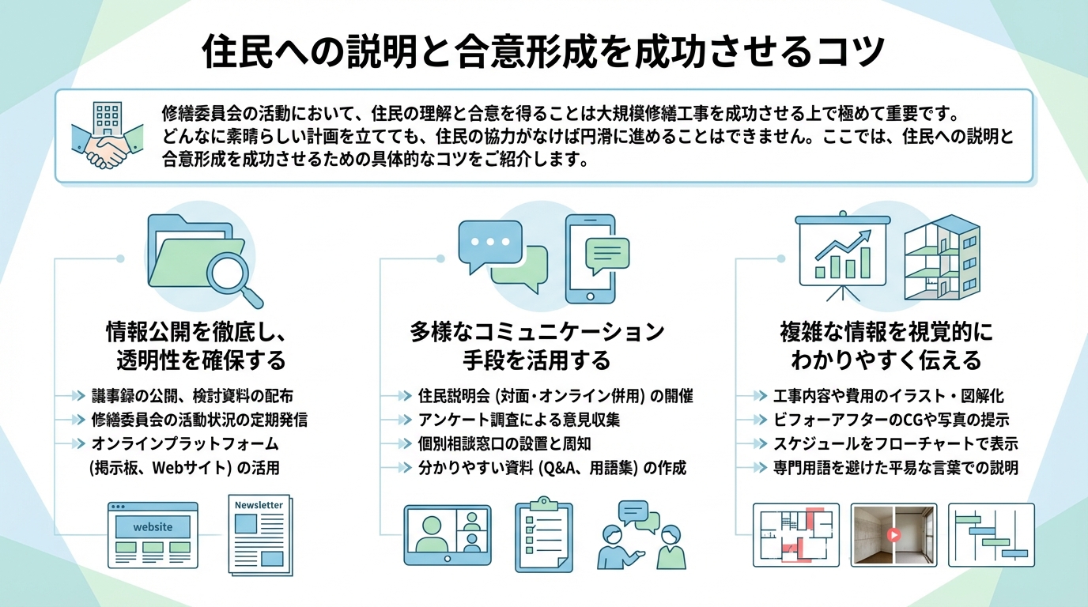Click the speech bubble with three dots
click(490, 243)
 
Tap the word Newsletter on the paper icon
click(259, 504)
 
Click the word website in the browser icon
click(153, 526)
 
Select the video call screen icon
click(447, 534)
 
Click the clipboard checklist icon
click(544, 535)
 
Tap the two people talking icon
click(641, 534)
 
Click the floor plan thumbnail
click(795, 534)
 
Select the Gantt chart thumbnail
click(991, 534)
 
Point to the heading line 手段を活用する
click(537, 360)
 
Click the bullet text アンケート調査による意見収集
click(519, 420)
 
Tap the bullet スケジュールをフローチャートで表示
click(895, 443)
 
